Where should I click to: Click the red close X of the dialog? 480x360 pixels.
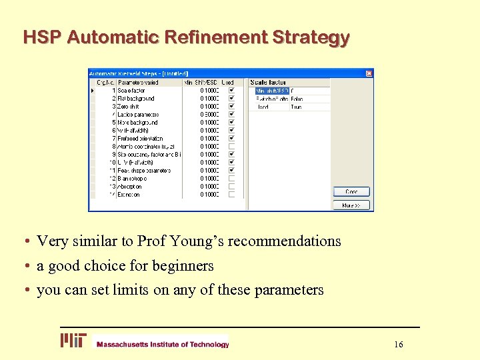369,73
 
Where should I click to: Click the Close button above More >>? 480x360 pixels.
351,192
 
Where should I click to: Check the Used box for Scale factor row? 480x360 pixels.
231,90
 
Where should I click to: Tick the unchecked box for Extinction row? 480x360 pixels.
231,195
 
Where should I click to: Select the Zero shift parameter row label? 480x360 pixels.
128,107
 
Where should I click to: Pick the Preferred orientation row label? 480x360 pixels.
140,139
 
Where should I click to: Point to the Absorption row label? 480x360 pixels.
129,187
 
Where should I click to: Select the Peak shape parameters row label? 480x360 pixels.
144,171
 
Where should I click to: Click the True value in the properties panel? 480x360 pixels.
296,107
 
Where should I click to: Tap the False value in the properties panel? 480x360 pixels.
297,99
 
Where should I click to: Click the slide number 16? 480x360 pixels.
399,344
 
